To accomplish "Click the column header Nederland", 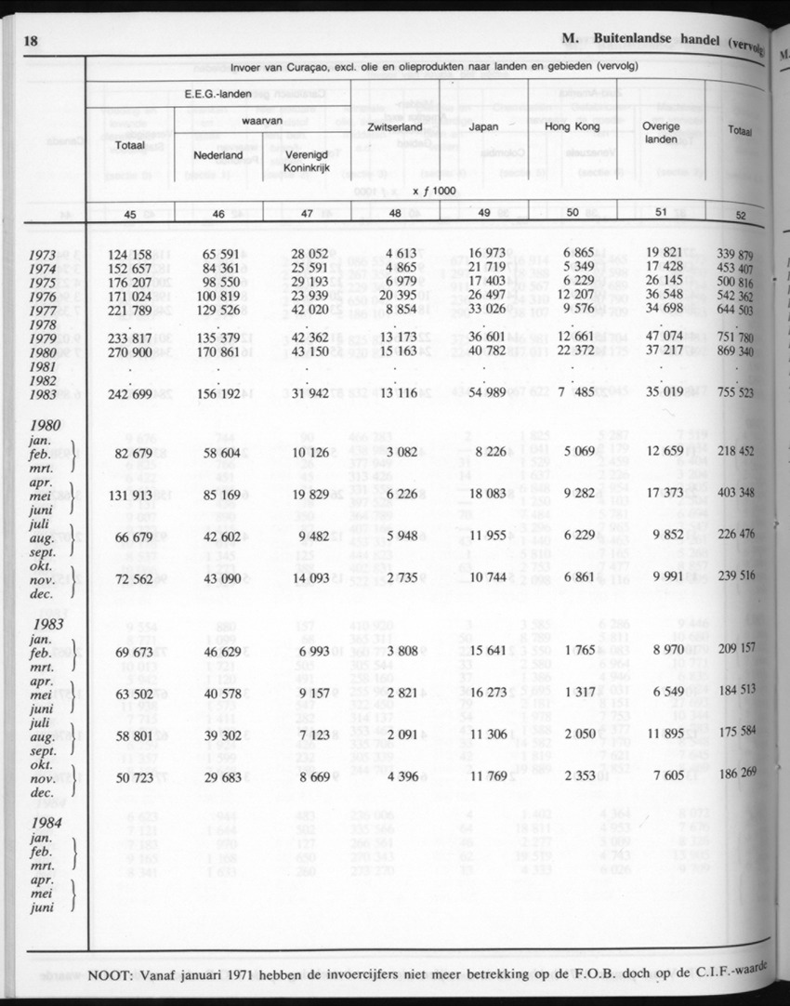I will [x=217, y=155].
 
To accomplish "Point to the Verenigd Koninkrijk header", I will [x=308, y=162].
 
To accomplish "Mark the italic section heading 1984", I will [x=46, y=822].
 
